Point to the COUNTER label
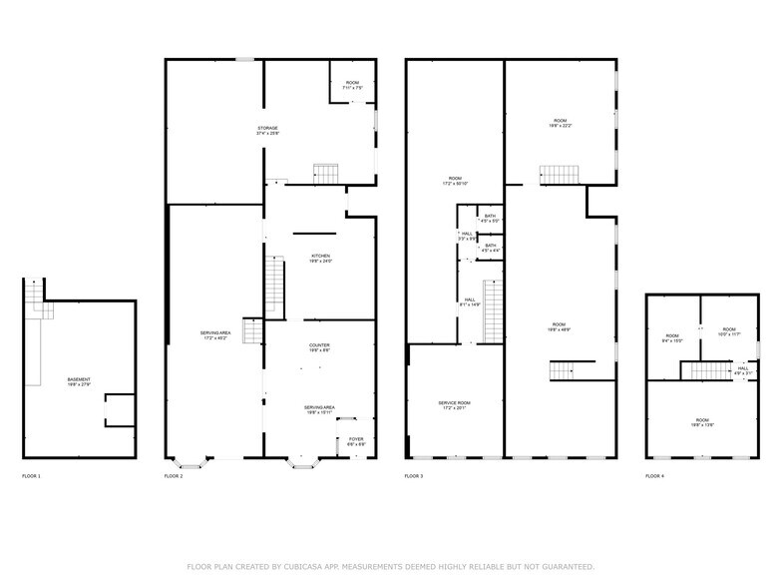click(319, 347)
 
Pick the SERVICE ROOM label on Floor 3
click(454, 404)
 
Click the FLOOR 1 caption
click(32, 476)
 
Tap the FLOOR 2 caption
click(175, 476)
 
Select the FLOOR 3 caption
click(414, 476)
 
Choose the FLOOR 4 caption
click(654, 476)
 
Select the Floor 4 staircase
click(698, 370)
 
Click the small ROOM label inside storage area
click(352, 84)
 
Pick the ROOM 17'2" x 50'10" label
click(456, 181)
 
